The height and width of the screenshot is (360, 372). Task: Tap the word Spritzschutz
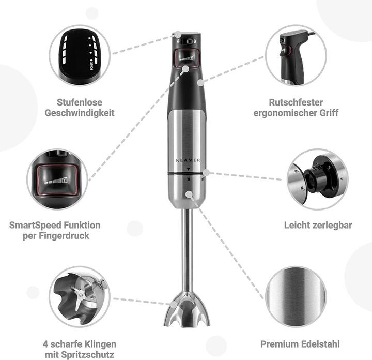[x=90, y=354]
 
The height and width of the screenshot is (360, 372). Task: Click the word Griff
[x=328, y=112]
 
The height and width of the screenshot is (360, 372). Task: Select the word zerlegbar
[x=331, y=225]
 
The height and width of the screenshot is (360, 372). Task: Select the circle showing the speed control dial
[x=80, y=55]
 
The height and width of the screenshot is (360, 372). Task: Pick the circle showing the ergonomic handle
[x=296, y=55]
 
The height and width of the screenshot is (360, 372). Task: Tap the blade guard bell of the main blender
[x=187, y=309]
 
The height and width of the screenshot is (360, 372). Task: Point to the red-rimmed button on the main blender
[x=187, y=58]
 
